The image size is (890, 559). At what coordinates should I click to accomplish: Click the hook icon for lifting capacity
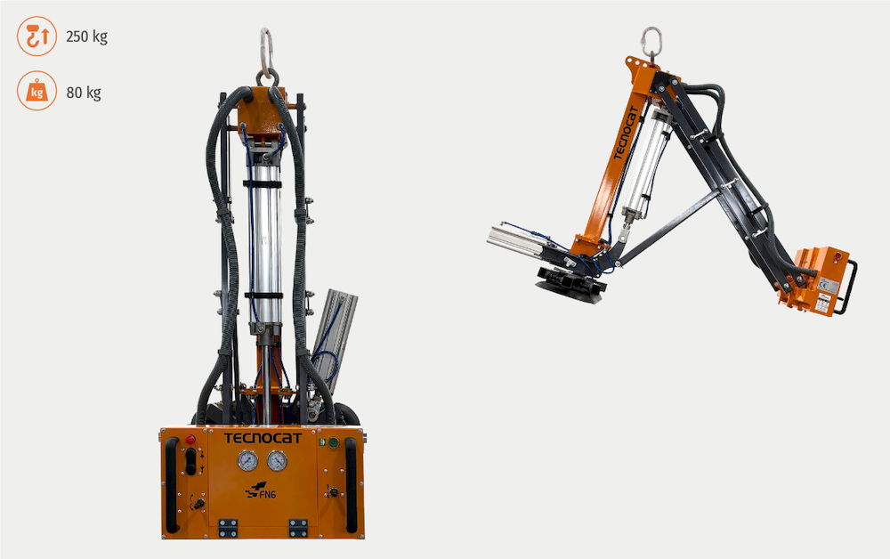tap(36, 36)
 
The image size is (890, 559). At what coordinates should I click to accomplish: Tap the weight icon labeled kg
tap(36, 91)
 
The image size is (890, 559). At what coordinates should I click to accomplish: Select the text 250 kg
tap(86, 36)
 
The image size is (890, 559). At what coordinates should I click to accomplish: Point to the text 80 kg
tap(84, 92)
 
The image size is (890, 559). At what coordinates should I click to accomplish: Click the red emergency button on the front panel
tap(190, 439)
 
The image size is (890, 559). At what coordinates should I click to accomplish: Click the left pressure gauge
tap(247, 460)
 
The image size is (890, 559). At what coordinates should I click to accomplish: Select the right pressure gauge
tap(277, 460)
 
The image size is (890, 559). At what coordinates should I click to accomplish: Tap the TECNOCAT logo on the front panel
tap(263, 438)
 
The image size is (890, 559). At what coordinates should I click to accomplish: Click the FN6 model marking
tap(261, 490)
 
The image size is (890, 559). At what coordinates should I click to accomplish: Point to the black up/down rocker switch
tap(191, 461)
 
